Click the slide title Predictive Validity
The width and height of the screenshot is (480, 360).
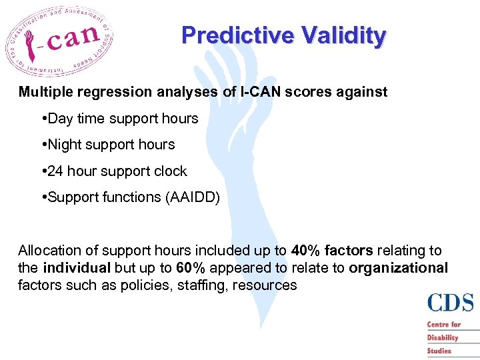click(283, 36)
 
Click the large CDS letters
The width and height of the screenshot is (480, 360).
click(451, 303)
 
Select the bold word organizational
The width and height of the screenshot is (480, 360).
click(398, 268)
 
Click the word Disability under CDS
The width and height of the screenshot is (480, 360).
click(443, 337)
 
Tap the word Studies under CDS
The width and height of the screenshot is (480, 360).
click(439, 350)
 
